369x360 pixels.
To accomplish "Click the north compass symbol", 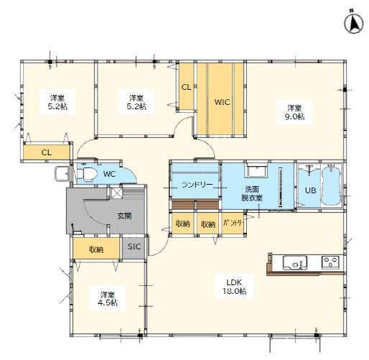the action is click(x=353, y=24).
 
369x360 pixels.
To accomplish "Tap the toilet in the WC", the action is click(x=87, y=174).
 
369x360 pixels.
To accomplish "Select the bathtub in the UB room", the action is click(x=331, y=185).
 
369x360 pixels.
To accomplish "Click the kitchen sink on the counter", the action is click(x=295, y=263).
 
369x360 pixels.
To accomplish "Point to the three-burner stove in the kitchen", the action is click(x=330, y=262).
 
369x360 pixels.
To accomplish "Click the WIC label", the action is click(x=222, y=102).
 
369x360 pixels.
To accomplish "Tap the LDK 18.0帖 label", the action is click(x=234, y=287).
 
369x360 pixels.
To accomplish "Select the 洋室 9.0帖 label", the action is click(x=294, y=112).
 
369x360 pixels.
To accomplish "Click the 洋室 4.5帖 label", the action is click(x=108, y=298).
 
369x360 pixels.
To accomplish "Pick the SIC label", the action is click(x=134, y=246).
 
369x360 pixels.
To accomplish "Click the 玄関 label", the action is click(x=124, y=216).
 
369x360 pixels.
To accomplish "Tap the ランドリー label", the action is click(x=197, y=185).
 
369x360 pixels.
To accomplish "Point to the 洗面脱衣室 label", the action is click(x=252, y=193).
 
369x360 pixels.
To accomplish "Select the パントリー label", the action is click(x=233, y=223).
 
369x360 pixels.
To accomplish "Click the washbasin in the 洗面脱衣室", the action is click(x=257, y=170).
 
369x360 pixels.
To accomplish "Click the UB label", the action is click(x=310, y=190).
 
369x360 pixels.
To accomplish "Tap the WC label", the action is click(x=109, y=174).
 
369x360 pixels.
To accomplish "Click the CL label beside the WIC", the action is click(x=186, y=87).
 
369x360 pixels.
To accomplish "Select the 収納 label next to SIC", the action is click(x=96, y=249).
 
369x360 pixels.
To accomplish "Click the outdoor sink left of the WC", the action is click(x=62, y=174).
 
